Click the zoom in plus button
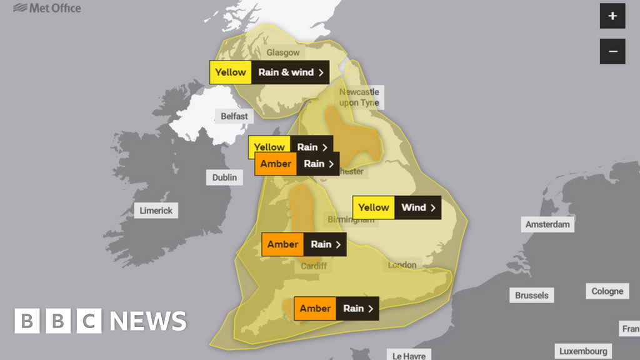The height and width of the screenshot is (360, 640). pyautogui.click(x=612, y=16)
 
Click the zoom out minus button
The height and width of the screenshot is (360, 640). pyautogui.click(x=612, y=51)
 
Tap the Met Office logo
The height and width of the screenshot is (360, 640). pyautogui.click(x=47, y=8)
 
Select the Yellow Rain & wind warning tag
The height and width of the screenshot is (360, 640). pyautogui.click(x=269, y=72)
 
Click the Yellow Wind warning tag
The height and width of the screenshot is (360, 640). pyautogui.click(x=396, y=207)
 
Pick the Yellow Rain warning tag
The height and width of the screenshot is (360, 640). pyautogui.click(x=291, y=147)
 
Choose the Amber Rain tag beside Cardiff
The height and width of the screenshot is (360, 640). pyautogui.click(x=304, y=244)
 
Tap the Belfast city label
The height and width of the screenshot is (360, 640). pyautogui.click(x=234, y=116)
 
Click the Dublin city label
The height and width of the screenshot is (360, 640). pyautogui.click(x=224, y=177)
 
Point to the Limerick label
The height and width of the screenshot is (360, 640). pyautogui.click(x=156, y=211)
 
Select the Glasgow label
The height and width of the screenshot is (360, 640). pyautogui.click(x=283, y=53)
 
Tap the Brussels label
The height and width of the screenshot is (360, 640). pyautogui.click(x=532, y=295)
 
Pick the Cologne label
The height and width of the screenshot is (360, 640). pyautogui.click(x=607, y=291)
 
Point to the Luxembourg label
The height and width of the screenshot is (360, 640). pyautogui.click(x=583, y=351)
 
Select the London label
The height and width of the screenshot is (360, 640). pyautogui.click(x=402, y=265)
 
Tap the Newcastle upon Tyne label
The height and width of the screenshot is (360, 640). pyautogui.click(x=359, y=97)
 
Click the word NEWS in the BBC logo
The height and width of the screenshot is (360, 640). pyautogui.click(x=148, y=321)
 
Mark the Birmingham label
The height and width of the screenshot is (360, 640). pyautogui.click(x=351, y=220)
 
